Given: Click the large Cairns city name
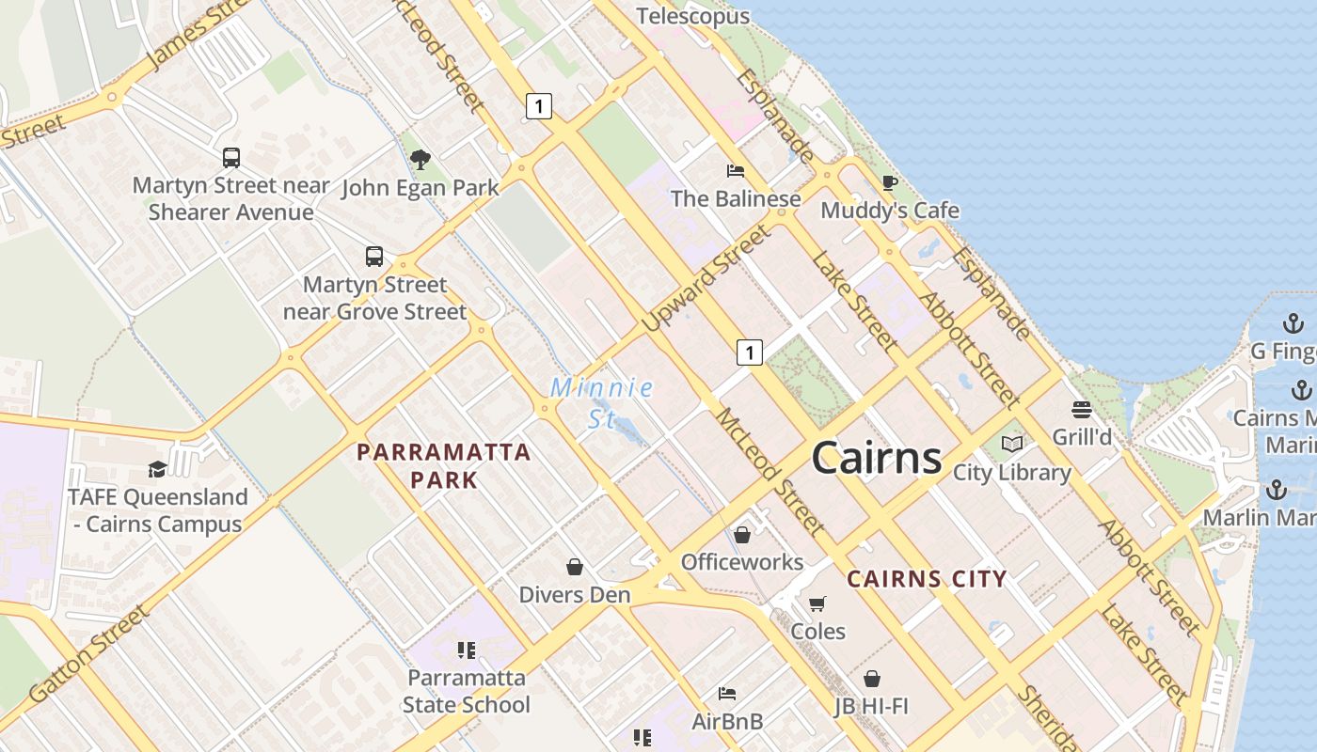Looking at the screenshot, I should (x=876, y=458).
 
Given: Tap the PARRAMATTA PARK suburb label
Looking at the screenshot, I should (x=444, y=465).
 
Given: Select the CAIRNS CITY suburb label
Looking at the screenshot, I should (x=928, y=579).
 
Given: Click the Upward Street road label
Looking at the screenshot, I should (x=706, y=278).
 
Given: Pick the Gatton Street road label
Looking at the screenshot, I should (x=89, y=655).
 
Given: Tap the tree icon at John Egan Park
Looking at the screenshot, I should (x=420, y=160).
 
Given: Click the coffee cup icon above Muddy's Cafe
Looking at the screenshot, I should (x=889, y=182).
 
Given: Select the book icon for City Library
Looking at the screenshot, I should (x=1012, y=444).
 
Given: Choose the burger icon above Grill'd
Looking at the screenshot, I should (x=1082, y=409).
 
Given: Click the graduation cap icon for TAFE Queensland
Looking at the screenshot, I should (x=157, y=469).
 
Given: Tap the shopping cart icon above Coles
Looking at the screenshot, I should (x=817, y=603).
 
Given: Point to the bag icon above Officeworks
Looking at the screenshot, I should (x=742, y=535).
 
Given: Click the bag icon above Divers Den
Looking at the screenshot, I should (x=575, y=567).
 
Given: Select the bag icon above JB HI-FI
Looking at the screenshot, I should (x=872, y=678).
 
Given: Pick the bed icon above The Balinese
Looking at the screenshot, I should (x=736, y=171).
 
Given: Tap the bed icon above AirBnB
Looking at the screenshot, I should (x=727, y=694).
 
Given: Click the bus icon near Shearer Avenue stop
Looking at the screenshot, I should (x=231, y=158).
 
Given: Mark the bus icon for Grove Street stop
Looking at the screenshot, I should (x=374, y=257).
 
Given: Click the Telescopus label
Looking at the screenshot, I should (x=693, y=16).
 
